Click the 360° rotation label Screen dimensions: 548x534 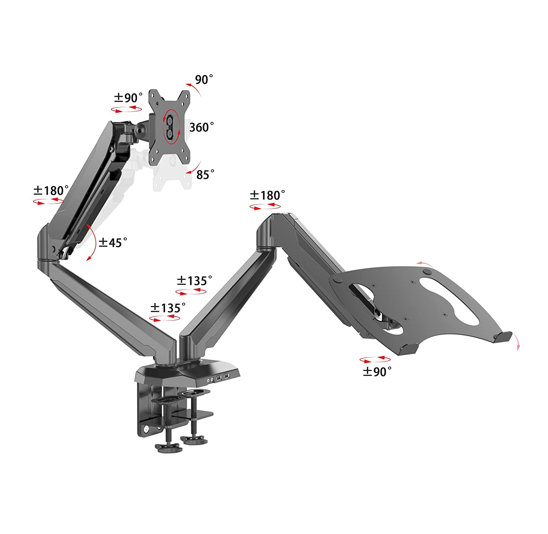click(201, 127)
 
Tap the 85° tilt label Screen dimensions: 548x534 click(205, 174)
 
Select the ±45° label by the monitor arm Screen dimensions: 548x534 click(113, 242)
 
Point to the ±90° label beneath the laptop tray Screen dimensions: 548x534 click(377, 372)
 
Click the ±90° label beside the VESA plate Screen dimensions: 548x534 click(128, 97)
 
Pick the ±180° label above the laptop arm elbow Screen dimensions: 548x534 click(267, 195)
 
